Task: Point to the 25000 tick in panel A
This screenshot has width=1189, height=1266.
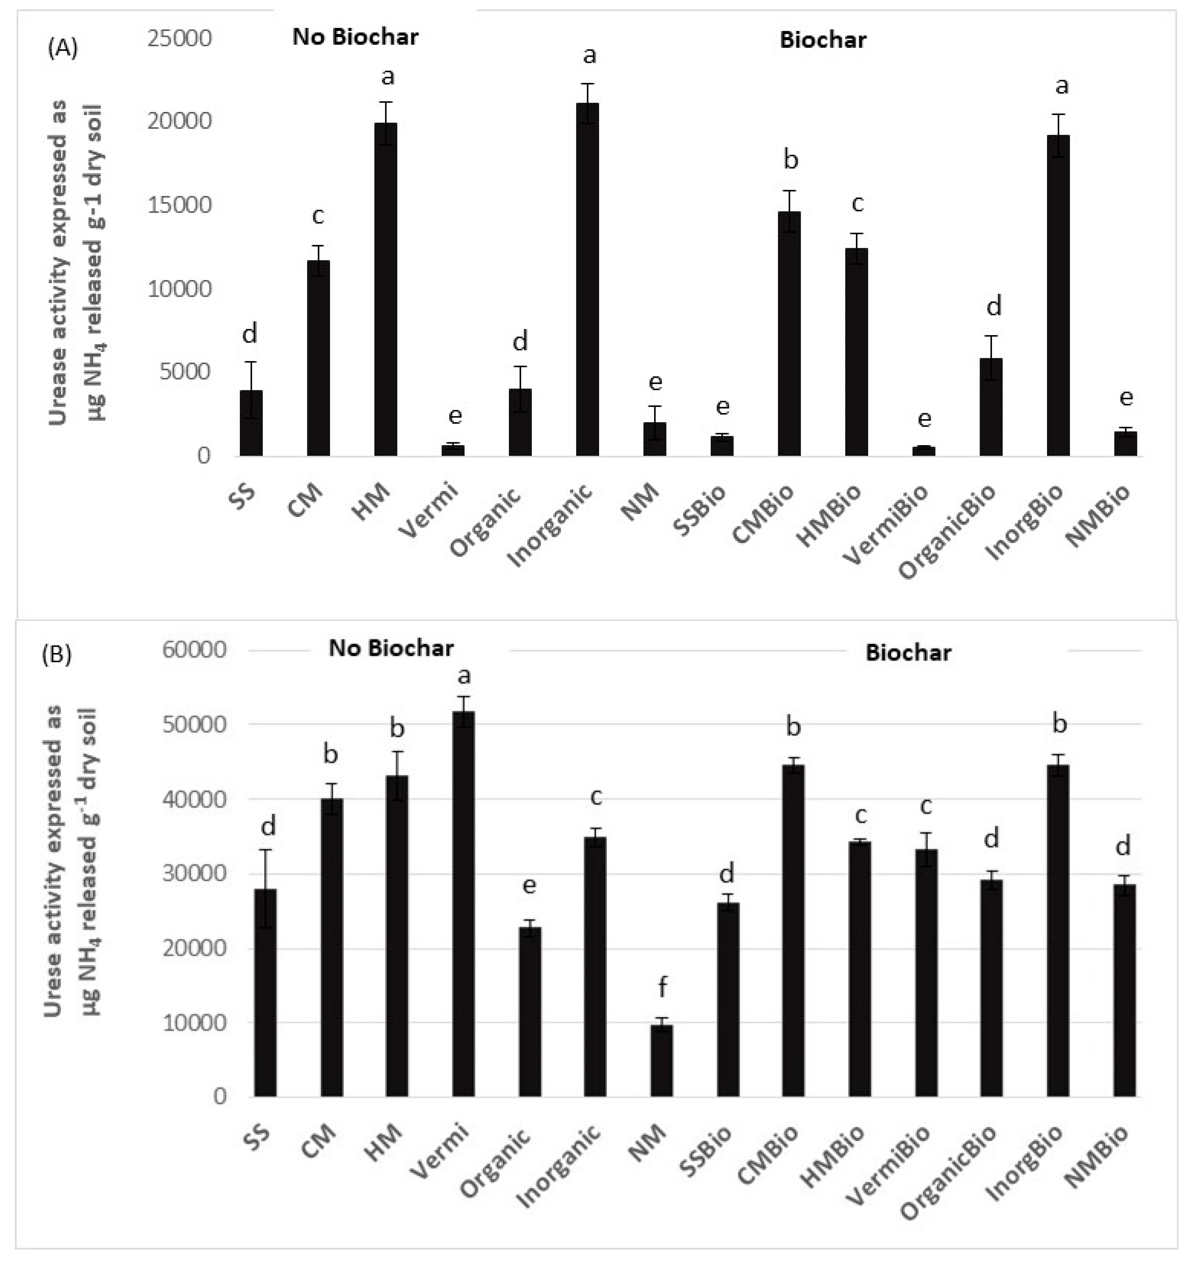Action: (179, 38)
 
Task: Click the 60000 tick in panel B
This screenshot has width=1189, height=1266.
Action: (194, 650)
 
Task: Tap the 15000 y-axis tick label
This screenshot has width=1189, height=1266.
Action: (179, 205)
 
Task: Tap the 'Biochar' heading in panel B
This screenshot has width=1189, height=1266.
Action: (907, 652)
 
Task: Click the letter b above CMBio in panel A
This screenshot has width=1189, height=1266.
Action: (790, 159)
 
